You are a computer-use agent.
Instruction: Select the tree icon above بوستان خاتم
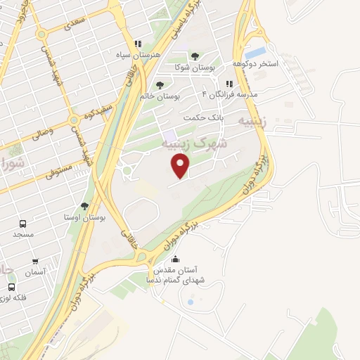tap(160, 84)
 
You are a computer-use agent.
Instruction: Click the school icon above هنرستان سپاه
tap(138, 43)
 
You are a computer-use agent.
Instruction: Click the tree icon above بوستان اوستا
tap(84, 206)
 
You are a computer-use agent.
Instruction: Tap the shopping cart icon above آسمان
tap(34, 261)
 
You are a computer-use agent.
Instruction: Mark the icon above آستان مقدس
tap(176, 259)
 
